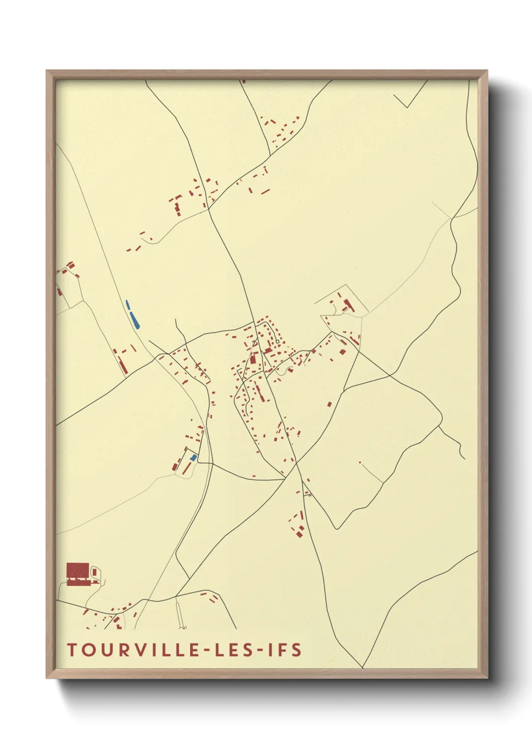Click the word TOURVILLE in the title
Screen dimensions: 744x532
point(133,650)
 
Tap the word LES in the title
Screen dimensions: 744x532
point(233,650)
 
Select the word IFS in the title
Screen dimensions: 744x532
point(285,650)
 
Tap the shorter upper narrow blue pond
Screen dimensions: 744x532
point(128,305)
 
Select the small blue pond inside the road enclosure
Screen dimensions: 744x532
point(193,457)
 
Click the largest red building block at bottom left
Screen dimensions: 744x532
point(77,571)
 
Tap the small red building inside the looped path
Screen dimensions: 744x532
point(95,572)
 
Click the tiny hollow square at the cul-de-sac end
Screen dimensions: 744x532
point(277,342)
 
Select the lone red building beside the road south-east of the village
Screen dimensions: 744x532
point(330,404)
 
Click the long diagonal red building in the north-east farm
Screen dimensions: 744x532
point(348,304)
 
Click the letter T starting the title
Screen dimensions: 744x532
point(71,650)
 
